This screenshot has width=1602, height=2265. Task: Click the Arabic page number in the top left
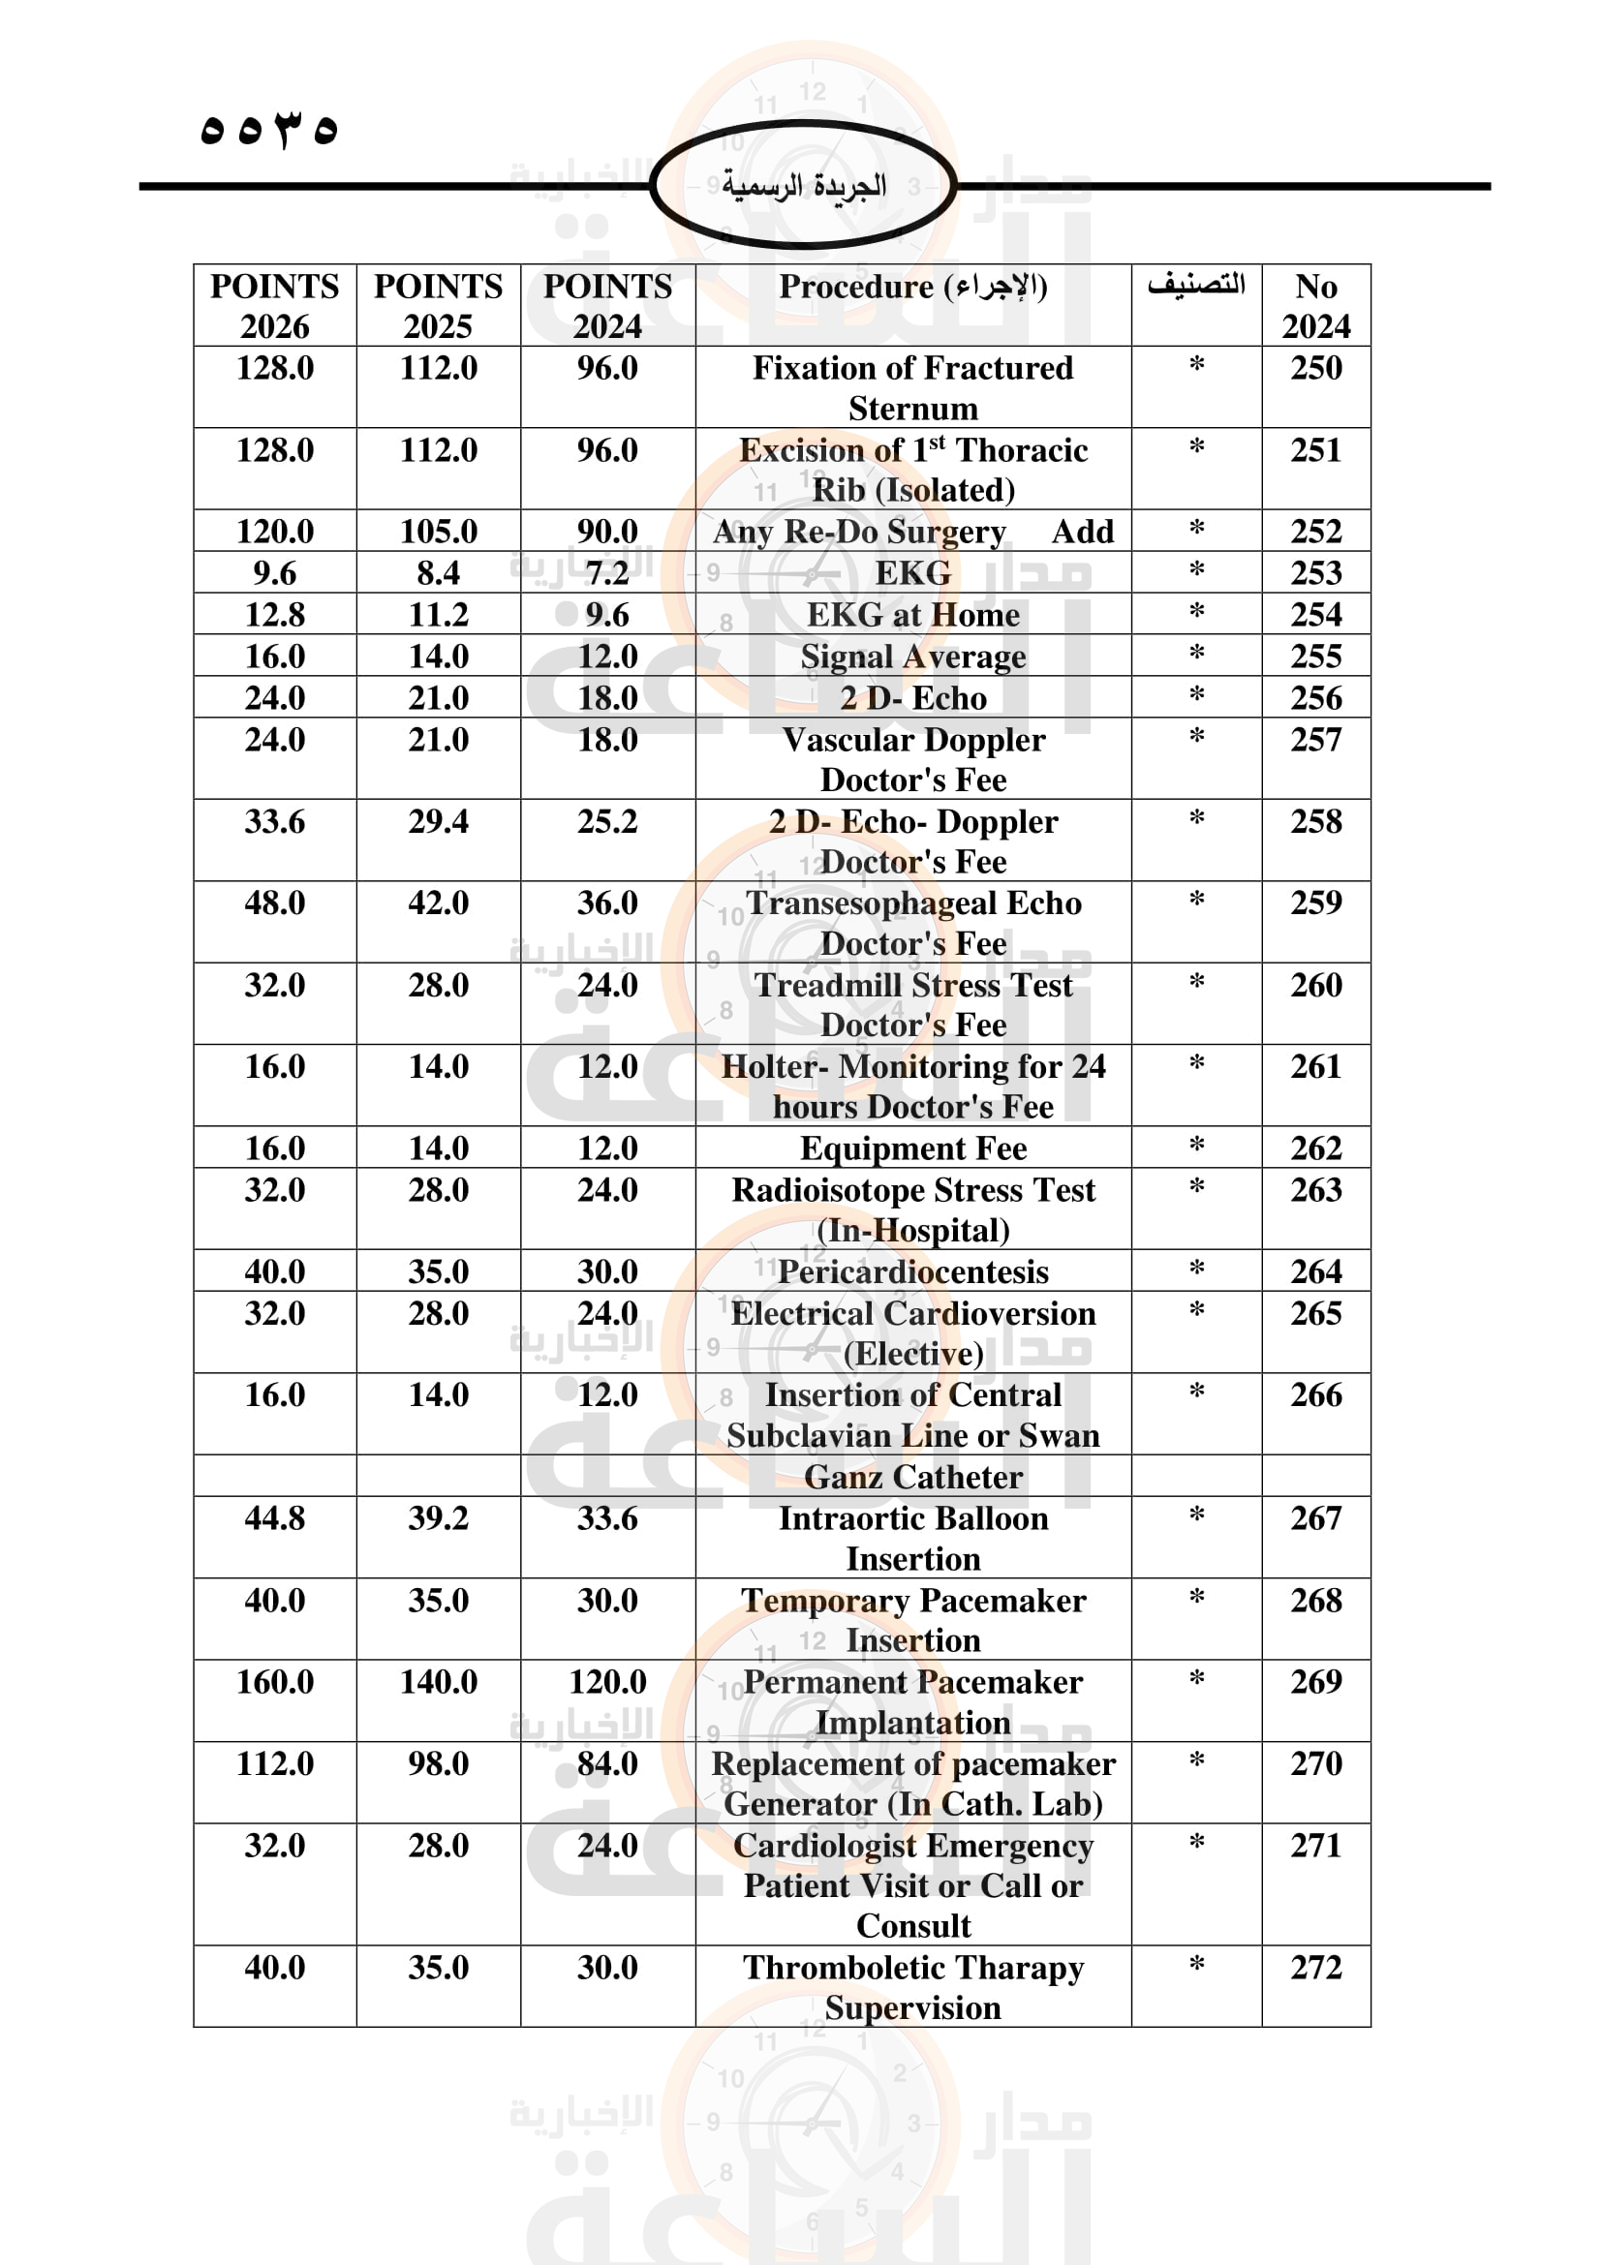pyautogui.click(x=268, y=129)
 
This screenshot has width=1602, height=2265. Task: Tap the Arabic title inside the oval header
pyautogui.click(x=804, y=186)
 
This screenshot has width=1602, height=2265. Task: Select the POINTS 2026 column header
pyautogui.click(x=274, y=305)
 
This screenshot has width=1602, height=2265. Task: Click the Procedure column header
pyautogui.click(x=912, y=287)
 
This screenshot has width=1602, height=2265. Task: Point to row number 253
pyautogui.click(x=1316, y=573)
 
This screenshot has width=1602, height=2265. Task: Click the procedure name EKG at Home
pyautogui.click(x=912, y=615)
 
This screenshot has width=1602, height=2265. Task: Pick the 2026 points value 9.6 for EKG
pyautogui.click(x=274, y=573)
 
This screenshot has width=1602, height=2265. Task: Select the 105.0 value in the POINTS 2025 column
pyautogui.click(x=438, y=532)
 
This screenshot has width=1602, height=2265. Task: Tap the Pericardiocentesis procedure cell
pyautogui.click(x=912, y=1271)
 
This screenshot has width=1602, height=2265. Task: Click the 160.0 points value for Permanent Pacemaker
pyautogui.click(x=274, y=1682)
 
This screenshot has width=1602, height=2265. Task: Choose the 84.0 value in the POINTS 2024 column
pyautogui.click(x=607, y=1763)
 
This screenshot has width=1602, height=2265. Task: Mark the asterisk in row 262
pyautogui.click(x=1196, y=1147)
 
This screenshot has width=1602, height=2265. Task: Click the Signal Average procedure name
pyautogui.click(x=912, y=657)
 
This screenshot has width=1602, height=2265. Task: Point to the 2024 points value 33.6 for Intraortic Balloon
pyautogui.click(x=607, y=1518)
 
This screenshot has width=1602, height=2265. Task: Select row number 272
pyautogui.click(x=1316, y=1968)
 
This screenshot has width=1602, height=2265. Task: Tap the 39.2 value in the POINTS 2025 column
pyautogui.click(x=438, y=1518)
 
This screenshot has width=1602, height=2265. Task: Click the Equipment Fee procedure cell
pyautogui.click(x=912, y=1148)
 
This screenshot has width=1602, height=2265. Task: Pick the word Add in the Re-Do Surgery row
pyautogui.click(x=1082, y=532)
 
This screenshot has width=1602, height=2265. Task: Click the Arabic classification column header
pyautogui.click(x=1195, y=285)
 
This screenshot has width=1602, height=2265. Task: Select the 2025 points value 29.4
pyautogui.click(x=438, y=822)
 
